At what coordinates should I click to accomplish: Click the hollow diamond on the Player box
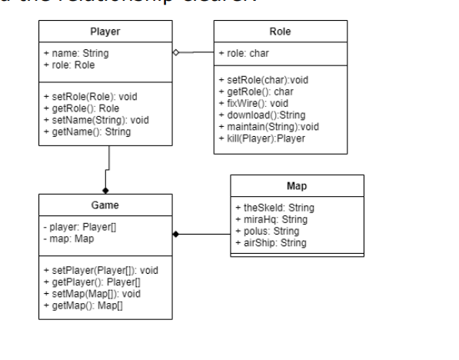click(x=176, y=52)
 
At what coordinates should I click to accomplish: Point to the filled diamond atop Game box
click(x=105, y=188)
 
